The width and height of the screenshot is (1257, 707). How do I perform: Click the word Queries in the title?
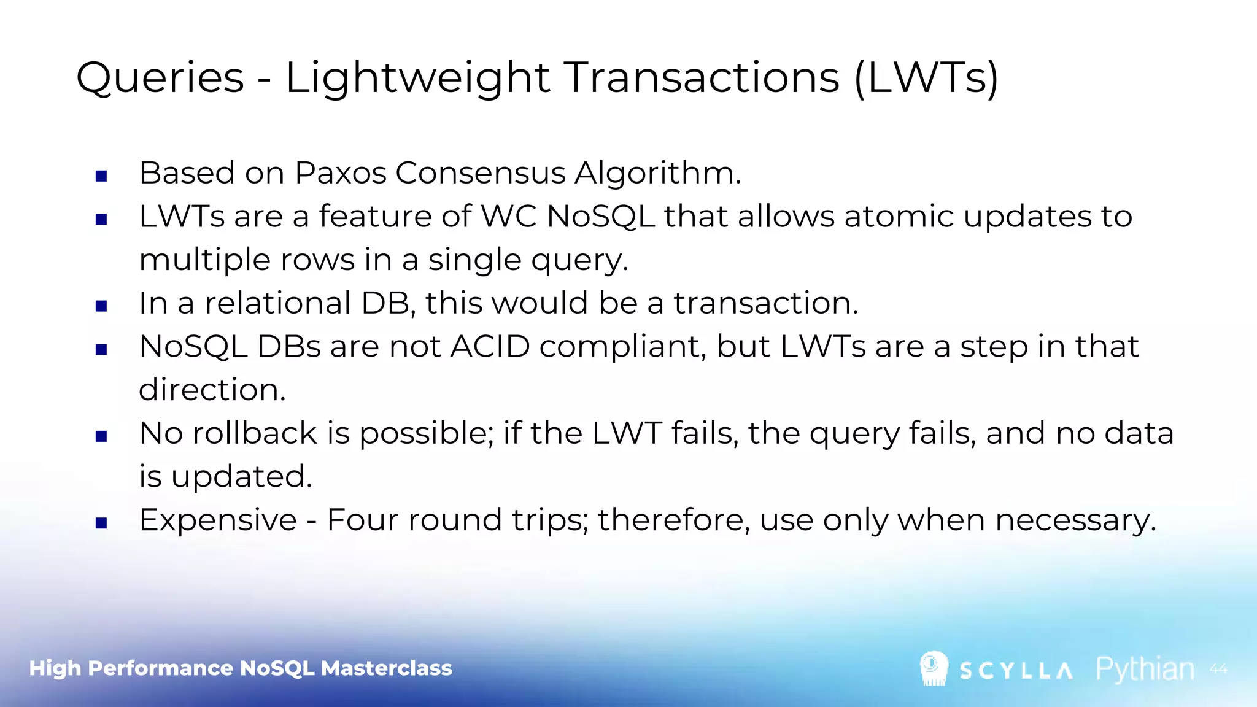[x=160, y=79]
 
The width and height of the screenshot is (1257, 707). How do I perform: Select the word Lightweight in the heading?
[x=417, y=79]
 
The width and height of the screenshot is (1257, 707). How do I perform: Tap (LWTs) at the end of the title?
[x=926, y=79]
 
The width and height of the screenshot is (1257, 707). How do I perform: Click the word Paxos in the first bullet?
[x=340, y=173]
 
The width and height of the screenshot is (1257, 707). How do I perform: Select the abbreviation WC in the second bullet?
[x=509, y=217]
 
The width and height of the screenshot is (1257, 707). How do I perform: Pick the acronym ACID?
[x=490, y=347]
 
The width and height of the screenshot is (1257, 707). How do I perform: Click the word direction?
[x=212, y=390]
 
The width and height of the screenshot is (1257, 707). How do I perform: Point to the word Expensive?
[x=218, y=520]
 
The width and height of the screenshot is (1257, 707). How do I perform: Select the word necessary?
[x=1075, y=520]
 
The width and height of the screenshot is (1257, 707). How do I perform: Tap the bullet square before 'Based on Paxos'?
[x=102, y=177]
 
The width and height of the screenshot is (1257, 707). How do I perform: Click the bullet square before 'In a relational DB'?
[x=102, y=306]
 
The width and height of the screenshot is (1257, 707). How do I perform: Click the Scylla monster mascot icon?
[x=934, y=668]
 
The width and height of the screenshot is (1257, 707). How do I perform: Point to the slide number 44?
[x=1218, y=669]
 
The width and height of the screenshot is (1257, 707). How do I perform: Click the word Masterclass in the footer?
[x=386, y=668]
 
